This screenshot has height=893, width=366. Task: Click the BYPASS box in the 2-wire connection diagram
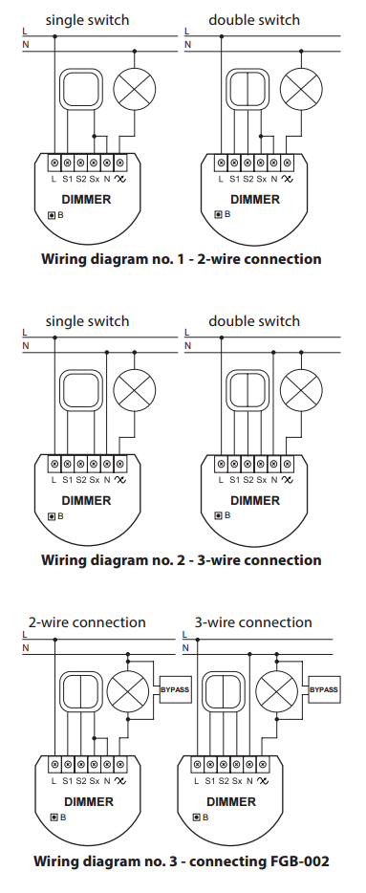pos(175,689)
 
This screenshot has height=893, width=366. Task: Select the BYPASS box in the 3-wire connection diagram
pos(324,689)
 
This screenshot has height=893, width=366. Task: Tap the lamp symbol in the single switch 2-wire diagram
pos(135,89)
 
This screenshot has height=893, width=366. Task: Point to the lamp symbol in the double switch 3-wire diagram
pos(301,390)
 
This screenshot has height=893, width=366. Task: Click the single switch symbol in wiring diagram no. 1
pos(80,89)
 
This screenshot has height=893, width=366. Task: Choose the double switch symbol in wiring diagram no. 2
pos(248,390)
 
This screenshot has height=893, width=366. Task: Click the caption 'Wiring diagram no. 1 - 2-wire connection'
pos(181,259)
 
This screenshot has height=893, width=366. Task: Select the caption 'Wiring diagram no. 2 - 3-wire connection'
pos(181,560)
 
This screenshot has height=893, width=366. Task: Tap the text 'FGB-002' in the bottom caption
pos(301,860)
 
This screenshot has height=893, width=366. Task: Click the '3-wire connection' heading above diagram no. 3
pos(253,621)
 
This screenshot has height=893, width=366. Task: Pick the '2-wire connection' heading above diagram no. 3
pos(87,621)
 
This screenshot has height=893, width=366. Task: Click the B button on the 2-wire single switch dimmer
pos(52,215)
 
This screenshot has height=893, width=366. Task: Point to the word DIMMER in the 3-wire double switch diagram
pos(255,501)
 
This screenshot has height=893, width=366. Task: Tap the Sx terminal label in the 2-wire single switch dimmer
pos(95,179)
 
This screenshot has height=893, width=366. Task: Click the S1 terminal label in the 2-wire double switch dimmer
pos(234,179)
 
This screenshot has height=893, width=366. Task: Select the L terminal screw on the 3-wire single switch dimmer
pos(54,464)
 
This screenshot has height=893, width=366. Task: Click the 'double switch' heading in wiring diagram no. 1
pos(254,20)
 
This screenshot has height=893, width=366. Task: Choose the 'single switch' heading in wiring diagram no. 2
pos(88,321)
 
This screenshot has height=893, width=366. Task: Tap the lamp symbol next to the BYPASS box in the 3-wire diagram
pos(276,689)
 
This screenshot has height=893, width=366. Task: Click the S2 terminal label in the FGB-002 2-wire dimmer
pos(81,781)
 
